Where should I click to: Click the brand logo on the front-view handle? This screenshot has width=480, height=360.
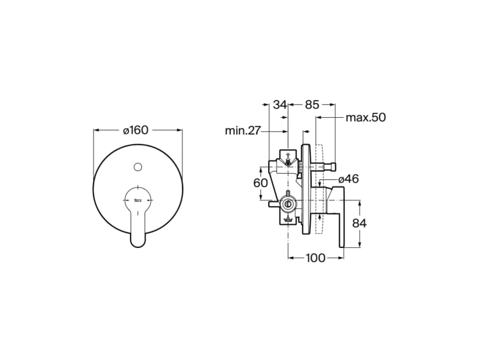click(138, 200)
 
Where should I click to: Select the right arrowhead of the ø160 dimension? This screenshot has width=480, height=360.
click(181, 130)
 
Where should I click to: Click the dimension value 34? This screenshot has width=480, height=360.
click(280, 104)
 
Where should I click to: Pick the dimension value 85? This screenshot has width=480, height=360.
click(312, 104)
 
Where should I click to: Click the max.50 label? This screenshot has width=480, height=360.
click(366, 118)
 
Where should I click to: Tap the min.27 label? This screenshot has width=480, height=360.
click(243, 131)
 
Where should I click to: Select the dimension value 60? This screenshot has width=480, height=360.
click(260, 183)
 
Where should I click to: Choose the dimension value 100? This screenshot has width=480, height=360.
click(316, 258)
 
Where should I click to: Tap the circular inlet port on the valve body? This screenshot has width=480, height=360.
click(288, 206)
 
